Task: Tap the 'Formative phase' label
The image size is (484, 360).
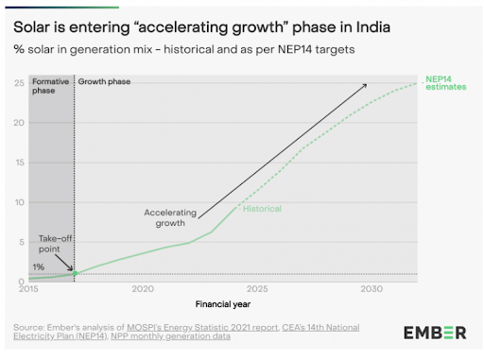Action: tap(51, 88)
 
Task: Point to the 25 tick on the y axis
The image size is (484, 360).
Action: tap(20, 83)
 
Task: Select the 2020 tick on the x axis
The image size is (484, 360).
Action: tap(143, 288)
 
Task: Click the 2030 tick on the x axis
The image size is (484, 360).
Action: tap(371, 288)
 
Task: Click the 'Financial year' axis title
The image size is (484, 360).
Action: tap(223, 304)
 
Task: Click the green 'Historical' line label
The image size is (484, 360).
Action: tap(262, 208)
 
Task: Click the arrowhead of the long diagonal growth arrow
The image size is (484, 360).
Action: tap(366, 86)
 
